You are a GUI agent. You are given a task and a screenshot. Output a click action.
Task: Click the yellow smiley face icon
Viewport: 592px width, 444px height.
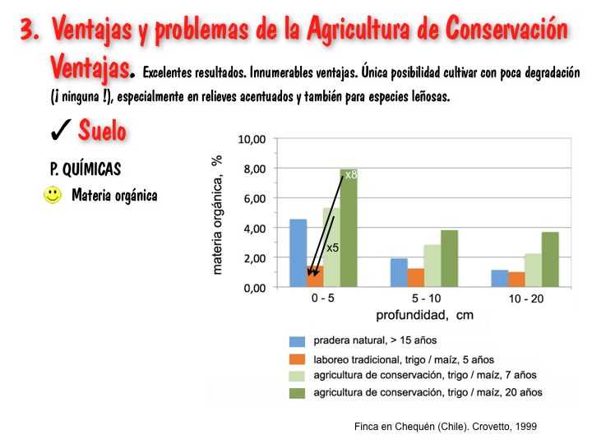click(53, 196)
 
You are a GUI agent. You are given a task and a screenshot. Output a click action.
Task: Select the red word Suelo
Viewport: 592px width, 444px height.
click(103, 130)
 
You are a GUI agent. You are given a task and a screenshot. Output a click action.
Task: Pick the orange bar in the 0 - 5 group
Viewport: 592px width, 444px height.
click(315, 277)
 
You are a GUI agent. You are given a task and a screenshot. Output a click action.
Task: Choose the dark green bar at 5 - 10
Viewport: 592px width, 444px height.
click(449, 259)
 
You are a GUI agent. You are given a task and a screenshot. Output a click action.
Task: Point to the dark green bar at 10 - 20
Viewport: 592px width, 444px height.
click(550, 260)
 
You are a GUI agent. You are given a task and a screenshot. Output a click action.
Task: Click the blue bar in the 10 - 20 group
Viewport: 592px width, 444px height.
click(500, 279)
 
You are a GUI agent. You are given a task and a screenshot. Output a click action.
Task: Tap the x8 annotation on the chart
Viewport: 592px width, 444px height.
click(350, 175)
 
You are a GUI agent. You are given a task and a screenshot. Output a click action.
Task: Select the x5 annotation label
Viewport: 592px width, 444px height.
click(333, 247)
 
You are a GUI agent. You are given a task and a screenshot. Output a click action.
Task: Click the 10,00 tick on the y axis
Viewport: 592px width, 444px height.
click(251, 140)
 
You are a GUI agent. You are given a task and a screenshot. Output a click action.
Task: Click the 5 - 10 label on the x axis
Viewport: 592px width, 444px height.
click(423, 298)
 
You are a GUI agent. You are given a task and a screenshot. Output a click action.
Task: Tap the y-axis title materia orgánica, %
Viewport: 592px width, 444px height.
click(219, 215)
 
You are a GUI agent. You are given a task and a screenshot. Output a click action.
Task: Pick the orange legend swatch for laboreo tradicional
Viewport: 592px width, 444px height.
click(297, 359)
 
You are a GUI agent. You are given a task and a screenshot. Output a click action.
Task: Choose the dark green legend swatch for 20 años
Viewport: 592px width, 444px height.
click(297, 393)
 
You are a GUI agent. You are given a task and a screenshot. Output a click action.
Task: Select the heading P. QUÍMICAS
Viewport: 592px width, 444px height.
click(86, 169)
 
